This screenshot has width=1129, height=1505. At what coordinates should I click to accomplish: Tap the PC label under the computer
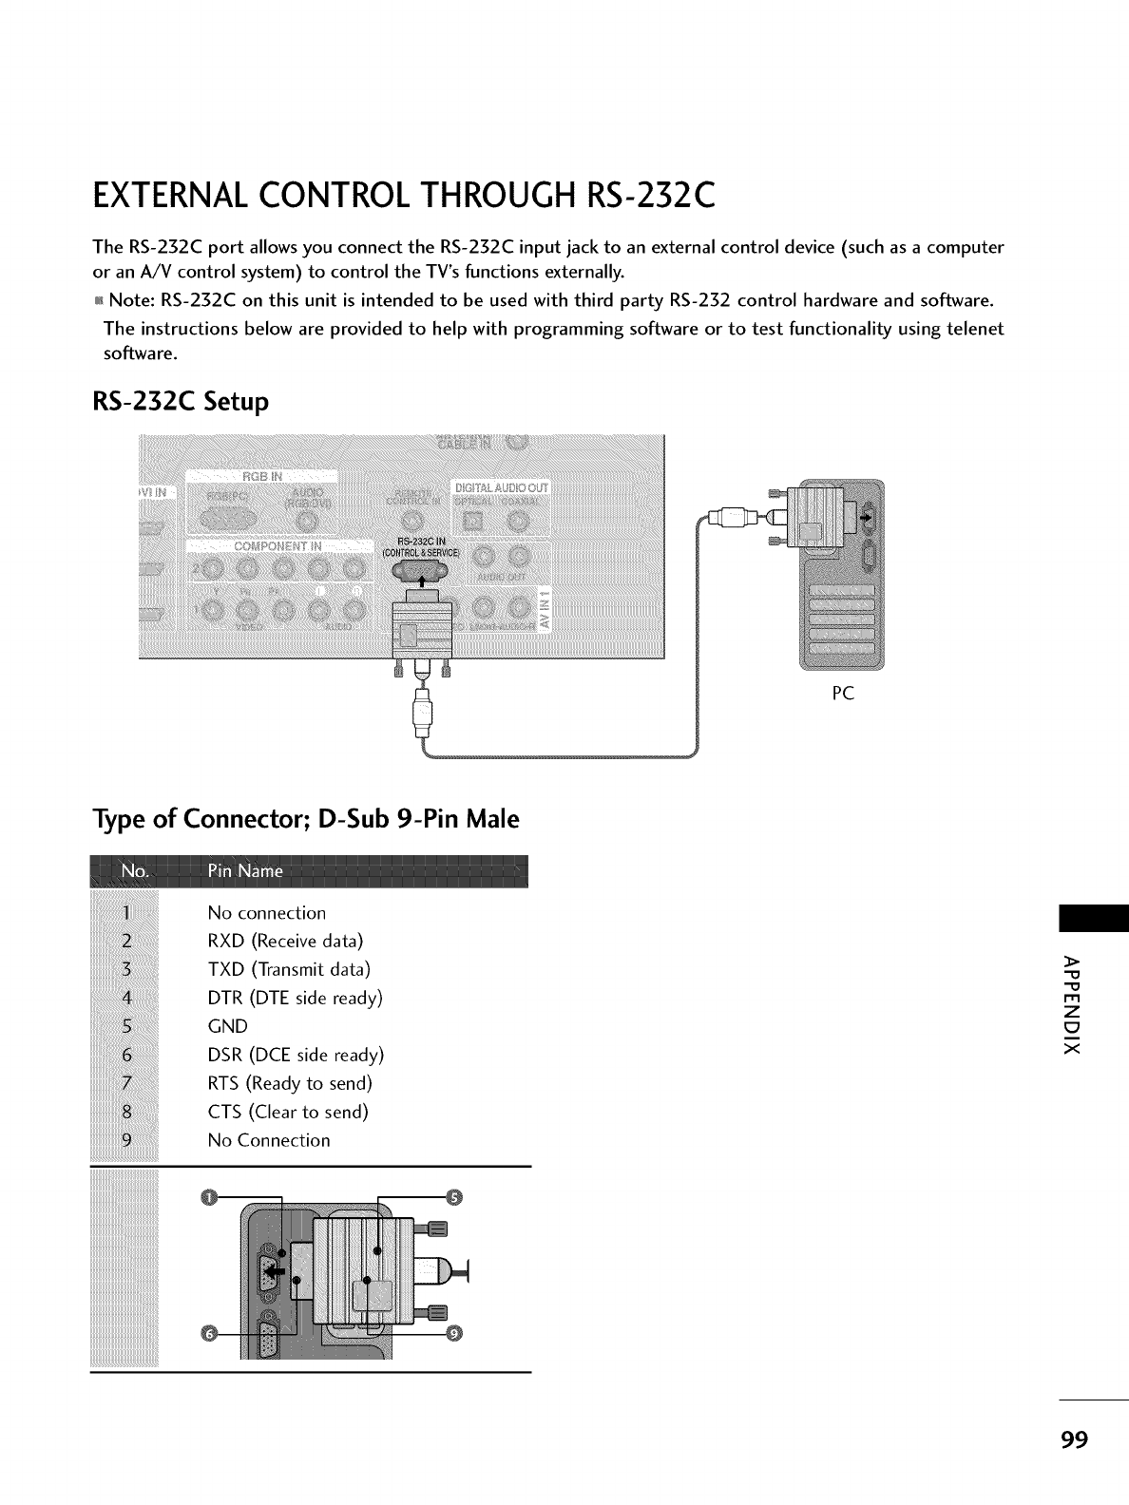tap(842, 694)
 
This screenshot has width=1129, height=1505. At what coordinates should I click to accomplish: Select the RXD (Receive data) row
tap(285, 942)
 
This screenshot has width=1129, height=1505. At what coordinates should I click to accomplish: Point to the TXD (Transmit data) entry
tap(289, 970)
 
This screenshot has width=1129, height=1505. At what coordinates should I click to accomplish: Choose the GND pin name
tap(227, 1026)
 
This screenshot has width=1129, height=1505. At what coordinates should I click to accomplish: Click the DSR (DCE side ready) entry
tap(295, 1055)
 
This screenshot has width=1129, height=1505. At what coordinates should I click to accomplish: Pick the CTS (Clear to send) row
tap(287, 1112)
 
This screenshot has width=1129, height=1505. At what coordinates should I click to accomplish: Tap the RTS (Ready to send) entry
tap(289, 1083)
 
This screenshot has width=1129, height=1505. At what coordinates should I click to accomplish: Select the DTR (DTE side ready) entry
tap(295, 999)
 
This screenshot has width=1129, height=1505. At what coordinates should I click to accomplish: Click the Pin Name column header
tap(244, 871)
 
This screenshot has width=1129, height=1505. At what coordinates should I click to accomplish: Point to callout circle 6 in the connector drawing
tap(210, 1334)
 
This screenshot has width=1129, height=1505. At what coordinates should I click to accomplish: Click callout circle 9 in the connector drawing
tap(453, 1335)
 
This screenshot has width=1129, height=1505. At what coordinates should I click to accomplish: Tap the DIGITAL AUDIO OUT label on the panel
tap(503, 487)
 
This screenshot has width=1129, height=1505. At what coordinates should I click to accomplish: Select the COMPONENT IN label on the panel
tap(277, 547)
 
